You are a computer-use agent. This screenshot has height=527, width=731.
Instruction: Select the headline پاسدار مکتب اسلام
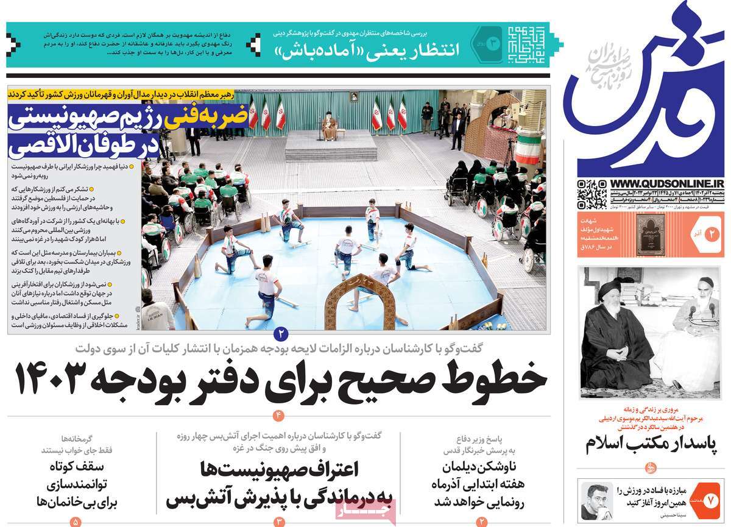651,444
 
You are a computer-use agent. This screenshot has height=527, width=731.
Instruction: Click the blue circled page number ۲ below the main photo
281,333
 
